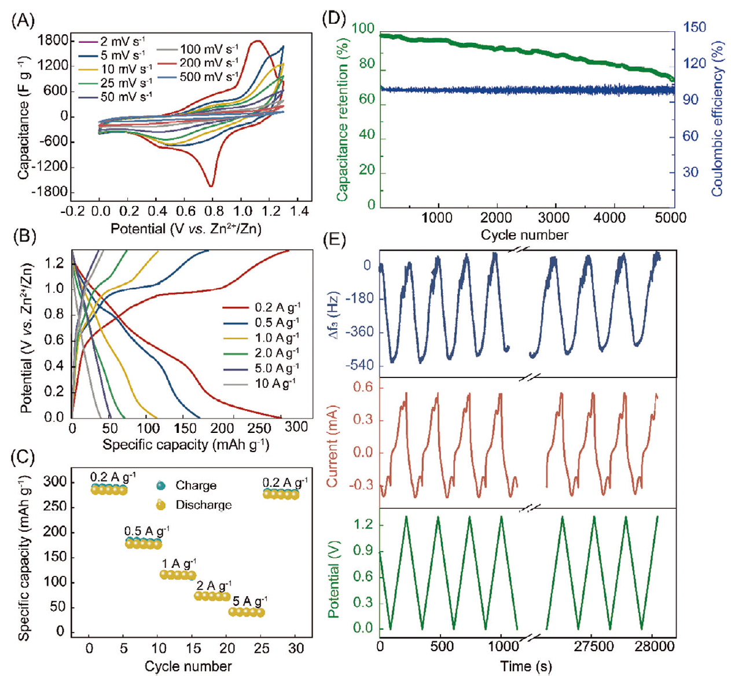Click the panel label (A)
(x=23, y=21)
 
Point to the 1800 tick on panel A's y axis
(x=53, y=40)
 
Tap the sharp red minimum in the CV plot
(x=211, y=185)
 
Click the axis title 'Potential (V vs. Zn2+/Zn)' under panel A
(x=186, y=229)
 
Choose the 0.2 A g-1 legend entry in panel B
(x=277, y=307)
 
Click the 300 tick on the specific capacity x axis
(x=296, y=427)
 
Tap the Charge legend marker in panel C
(x=161, y=486)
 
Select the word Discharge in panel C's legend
(x=203, y=505)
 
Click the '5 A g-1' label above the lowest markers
(x=249, y=601)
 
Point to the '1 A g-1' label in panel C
(x=179, y=563)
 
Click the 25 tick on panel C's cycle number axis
(x=262, y=649)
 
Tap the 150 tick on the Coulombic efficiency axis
(x=694, y=27)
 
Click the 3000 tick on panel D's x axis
(x=554, y=218)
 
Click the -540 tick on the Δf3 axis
(x=359, y=366)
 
